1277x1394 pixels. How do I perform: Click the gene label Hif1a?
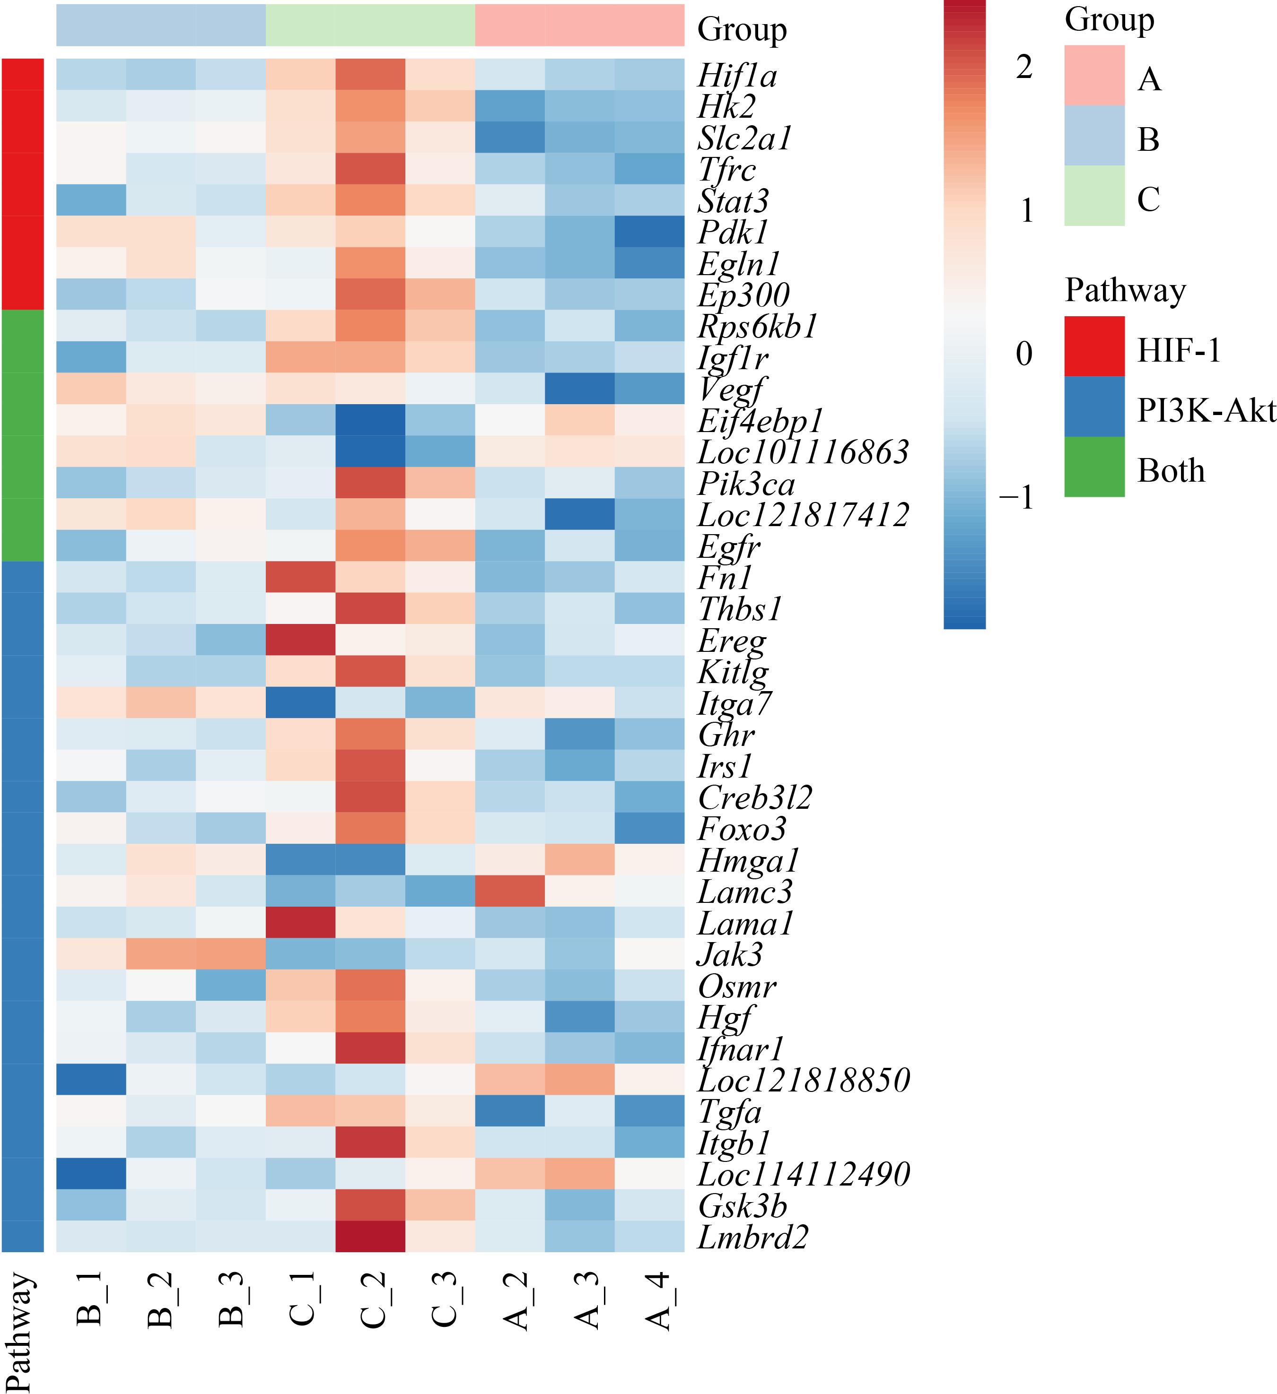(737, 75)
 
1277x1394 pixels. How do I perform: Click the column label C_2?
(371, 1300)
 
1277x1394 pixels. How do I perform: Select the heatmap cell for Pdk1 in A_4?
(649, 232)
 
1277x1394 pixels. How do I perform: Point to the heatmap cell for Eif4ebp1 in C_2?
(370, 420)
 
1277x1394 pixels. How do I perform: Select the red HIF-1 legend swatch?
(1094, 346)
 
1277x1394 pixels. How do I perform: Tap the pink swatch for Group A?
(1094, 75)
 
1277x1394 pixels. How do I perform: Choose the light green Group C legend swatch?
(1094, 196)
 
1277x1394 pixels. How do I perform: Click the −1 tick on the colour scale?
(1016, 496)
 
